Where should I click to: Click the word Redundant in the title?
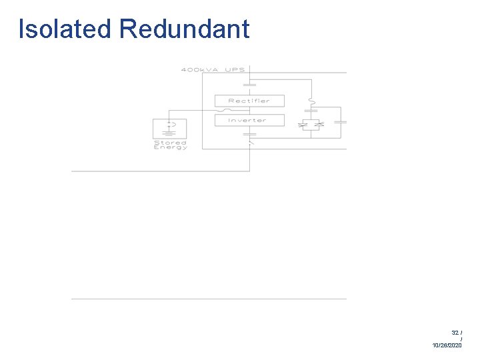[x=185, y=29]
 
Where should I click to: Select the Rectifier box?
[x=249, y=101]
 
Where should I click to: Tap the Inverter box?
[x=249, y=121]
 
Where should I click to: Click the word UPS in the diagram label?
[x=235, y=70]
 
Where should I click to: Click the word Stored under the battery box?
[x=170, y=142]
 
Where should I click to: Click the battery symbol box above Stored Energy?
[x=170, y=127]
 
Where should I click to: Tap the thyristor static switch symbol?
[x=311, y=125]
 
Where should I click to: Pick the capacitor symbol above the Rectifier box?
[x=249, y=85]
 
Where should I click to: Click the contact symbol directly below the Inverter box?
[x=249, y=133]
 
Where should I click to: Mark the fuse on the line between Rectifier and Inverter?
[x=230, y=111]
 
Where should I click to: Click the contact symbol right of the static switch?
[x=340, y=122]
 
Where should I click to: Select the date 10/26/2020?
[x=447, y=346]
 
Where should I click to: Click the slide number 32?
[x=455, y=332]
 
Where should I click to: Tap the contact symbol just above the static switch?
[x=311, y=111]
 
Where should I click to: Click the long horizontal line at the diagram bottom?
[x=209, y=299]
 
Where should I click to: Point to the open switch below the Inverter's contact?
[x=250, y=142]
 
